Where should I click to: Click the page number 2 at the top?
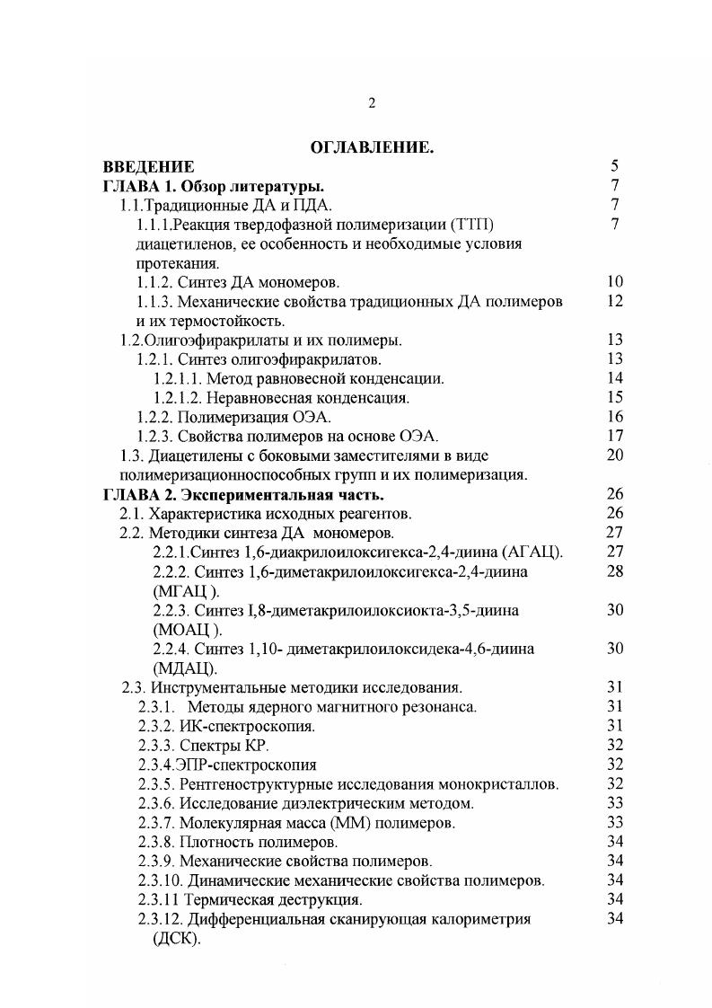372,103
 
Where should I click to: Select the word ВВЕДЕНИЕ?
148,166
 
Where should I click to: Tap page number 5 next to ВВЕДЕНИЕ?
615,166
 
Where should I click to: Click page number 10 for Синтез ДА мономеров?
615,282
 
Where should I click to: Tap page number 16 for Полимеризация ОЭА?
615,418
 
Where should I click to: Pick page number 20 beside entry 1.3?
615,456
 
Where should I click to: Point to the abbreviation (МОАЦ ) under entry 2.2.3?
187,630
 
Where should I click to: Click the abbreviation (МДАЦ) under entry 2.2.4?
184,668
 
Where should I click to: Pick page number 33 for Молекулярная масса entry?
615,823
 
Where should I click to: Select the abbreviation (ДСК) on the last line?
178,939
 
